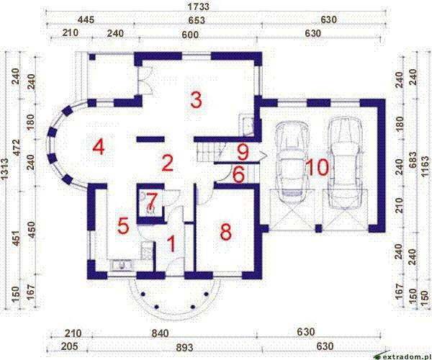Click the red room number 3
pos(195,99)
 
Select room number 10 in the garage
pos(317,167)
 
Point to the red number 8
pos(225,232)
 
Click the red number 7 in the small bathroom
pos(152,197)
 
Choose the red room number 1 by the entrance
pos(171,243)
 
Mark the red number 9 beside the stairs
pos(243,152)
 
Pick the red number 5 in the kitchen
pos(123,225)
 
